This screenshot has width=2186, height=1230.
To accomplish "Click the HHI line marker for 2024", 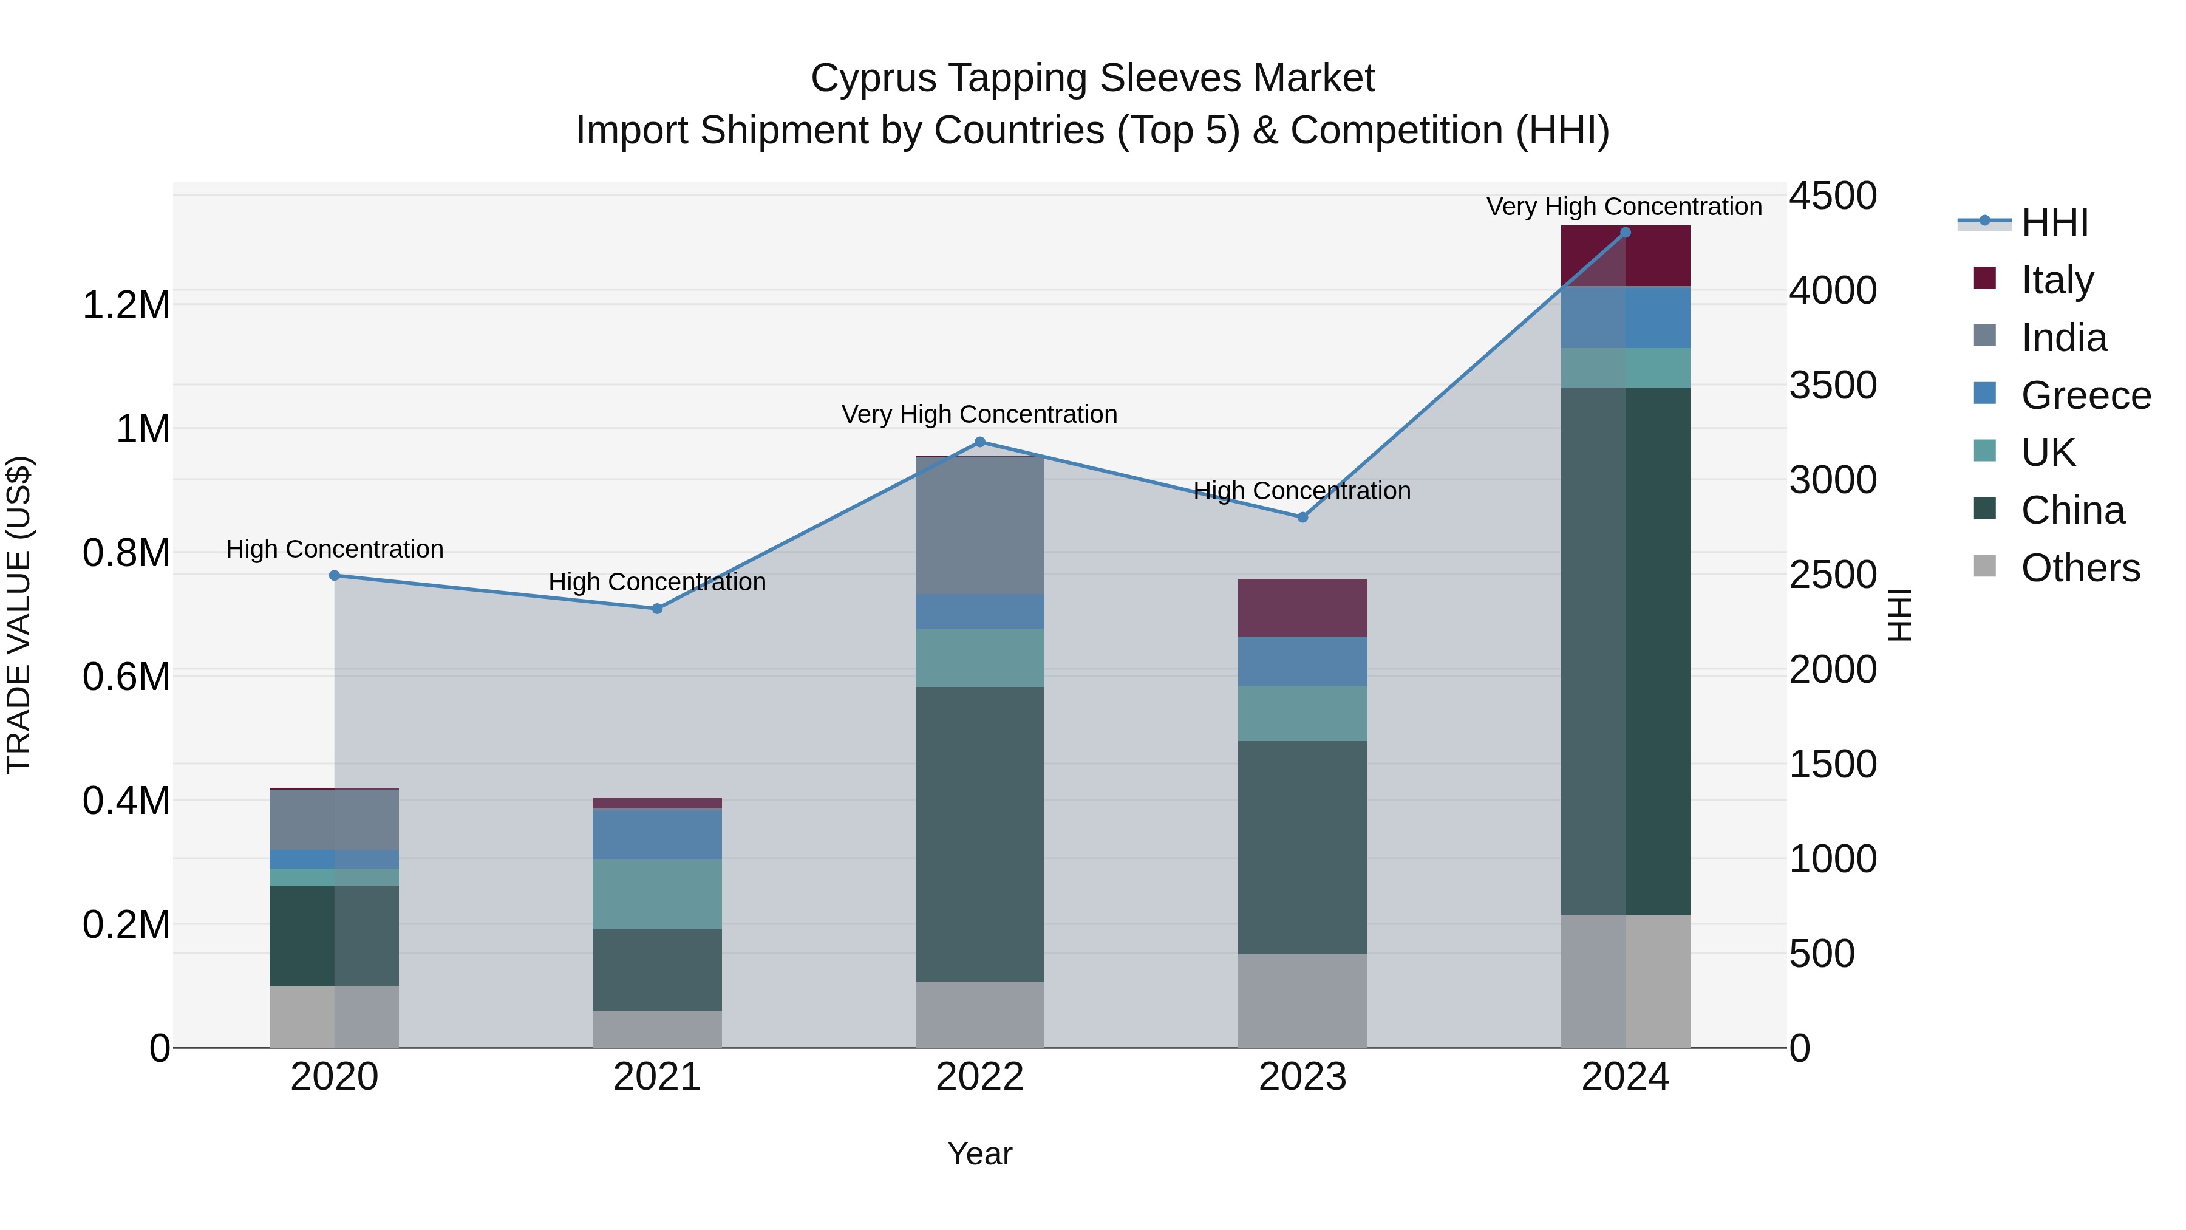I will [x=1625, y=233].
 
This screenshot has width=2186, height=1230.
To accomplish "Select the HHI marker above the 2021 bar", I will [x=657, y=609].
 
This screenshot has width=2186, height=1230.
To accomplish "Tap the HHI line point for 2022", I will [x=980, y=442].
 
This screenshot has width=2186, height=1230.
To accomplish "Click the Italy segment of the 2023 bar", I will [x=1302, y=608].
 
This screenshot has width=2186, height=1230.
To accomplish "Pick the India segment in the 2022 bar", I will [x=980, y=525].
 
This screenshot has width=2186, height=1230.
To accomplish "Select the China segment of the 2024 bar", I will [x=1625, y=651].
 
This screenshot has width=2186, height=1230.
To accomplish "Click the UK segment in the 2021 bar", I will [x=657, y=894].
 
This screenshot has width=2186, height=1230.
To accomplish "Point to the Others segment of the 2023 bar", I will [x=1302, y=1001].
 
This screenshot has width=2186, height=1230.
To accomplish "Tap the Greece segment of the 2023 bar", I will [x=1302, y=661].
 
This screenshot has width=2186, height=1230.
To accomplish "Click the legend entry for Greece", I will [x=2085, y=395].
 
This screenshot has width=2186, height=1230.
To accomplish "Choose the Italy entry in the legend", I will [x=2057, y=280].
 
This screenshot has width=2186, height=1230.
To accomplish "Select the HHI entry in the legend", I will [x=2054, y=222].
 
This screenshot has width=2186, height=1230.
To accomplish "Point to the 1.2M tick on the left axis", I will [x=126, y=306].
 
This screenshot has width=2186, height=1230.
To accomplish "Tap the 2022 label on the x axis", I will [x=979, y=1077].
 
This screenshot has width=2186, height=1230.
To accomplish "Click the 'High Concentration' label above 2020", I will [x=335, y=549].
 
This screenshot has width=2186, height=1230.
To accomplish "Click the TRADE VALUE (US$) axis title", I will [x=19, y=615].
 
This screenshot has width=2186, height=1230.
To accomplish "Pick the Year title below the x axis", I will [x=979, y=1153].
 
